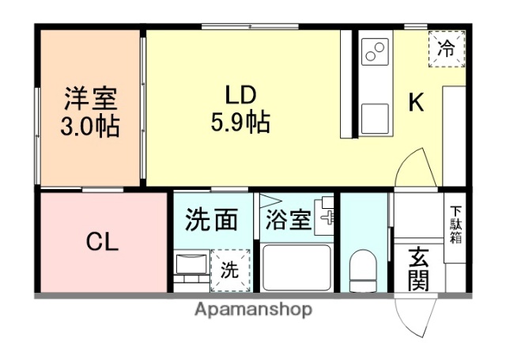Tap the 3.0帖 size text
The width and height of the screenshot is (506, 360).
pos(90,126)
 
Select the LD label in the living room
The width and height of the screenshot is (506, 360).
pos(240,94)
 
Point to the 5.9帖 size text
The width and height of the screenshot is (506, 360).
pos(240,122)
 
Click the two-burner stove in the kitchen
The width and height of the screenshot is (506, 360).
pos(374,54)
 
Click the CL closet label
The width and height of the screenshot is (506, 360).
pos(102,242)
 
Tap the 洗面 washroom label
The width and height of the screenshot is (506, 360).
pos(212,220)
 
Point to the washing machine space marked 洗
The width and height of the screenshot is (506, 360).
pos(228,269)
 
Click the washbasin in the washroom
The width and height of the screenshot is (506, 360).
pos(191,269)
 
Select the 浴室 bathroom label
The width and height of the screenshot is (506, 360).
pos(288,220)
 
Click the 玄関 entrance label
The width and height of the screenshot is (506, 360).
pos(419,268)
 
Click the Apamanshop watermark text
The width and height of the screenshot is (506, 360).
pos(252,309)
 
